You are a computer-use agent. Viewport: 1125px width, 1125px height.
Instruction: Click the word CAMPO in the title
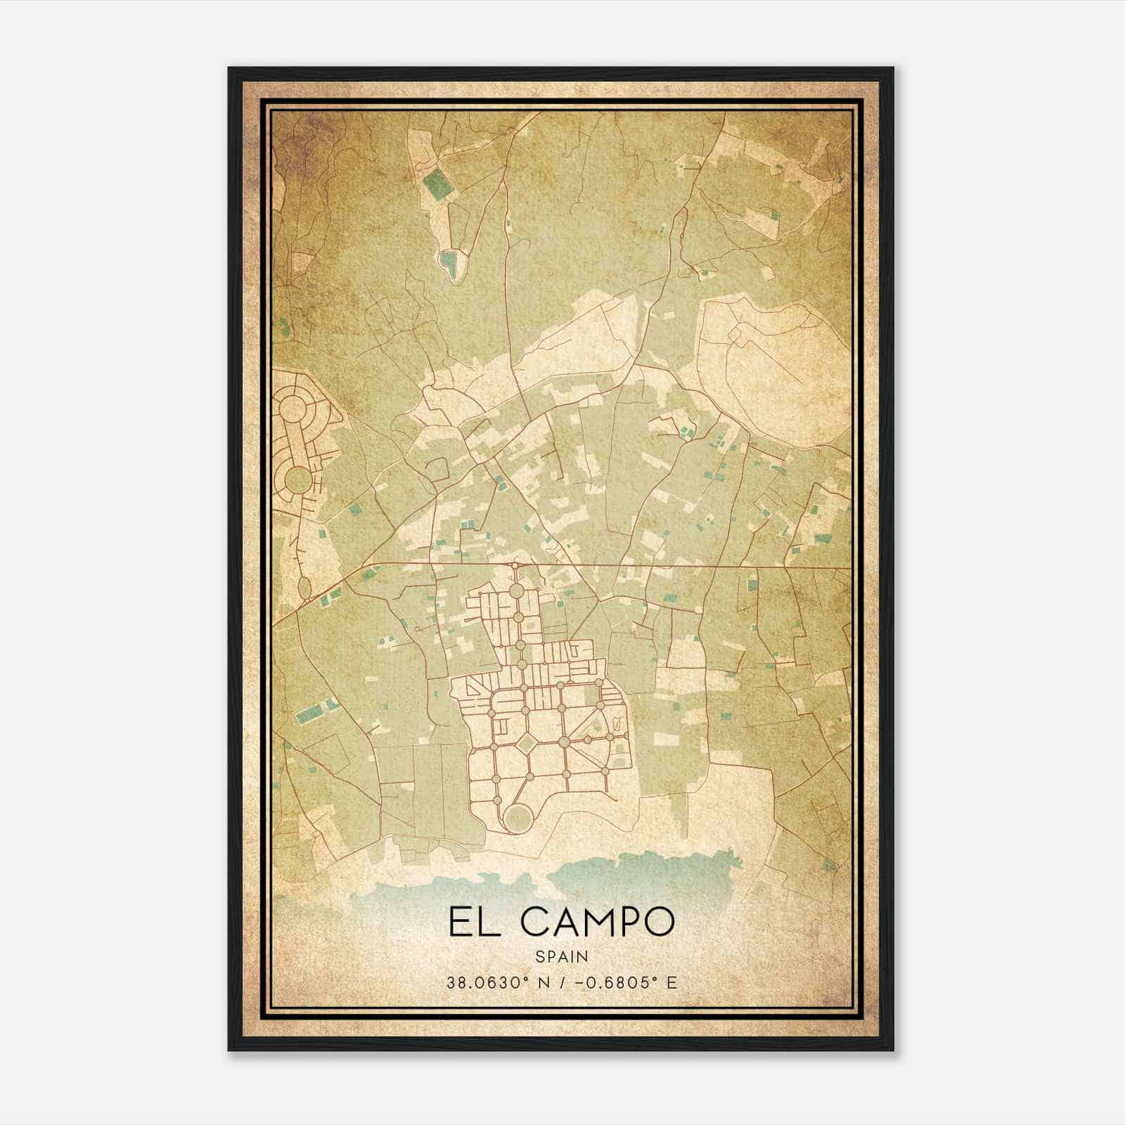596,922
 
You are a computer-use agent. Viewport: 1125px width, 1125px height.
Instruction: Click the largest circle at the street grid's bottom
518,817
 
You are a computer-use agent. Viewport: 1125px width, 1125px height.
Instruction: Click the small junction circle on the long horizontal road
515,565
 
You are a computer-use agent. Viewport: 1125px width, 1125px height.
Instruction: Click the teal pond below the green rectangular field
449,262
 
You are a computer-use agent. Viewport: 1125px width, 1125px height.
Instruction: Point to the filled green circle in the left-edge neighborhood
298,480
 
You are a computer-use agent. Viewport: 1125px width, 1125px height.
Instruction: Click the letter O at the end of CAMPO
657,922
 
